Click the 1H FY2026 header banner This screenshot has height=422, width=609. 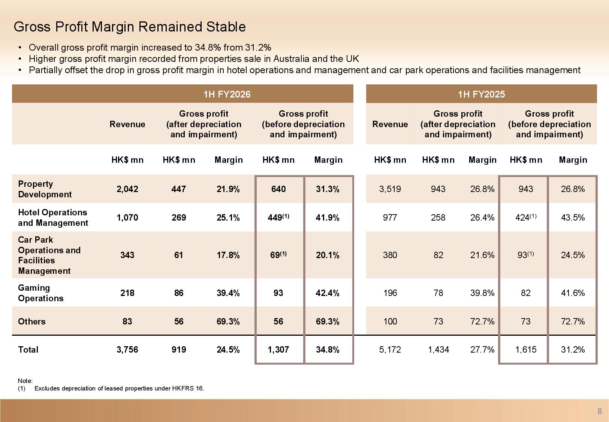pyautogui.click(x=227, y=94)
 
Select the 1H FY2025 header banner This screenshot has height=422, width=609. pyautogui.click(x=481, y=94)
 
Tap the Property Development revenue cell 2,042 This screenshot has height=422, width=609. pyautogui.click(x=127, y=189)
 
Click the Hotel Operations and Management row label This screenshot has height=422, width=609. pyautogui.click(x=53, y=218)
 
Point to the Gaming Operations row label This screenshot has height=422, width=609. pyautogui.click(x=40, y=293)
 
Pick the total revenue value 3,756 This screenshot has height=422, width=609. pyautogui.click(x=127, y=350)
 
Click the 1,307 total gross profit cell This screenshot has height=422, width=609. pyautogui.click(x=278, y=350)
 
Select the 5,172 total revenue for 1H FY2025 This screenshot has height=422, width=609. pyautogui.click(x=390, y=350)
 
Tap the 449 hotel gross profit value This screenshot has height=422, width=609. pyautogui.click(x=275, y=218)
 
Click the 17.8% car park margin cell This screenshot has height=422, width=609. pyautogui.click(x=228, y=255)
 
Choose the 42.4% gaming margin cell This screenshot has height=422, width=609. pyautogui.click(x=328, y=293)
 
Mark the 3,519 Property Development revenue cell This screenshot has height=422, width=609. pyautogui.click(x=390, y=189)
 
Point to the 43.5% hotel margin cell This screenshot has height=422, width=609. pyautogui.click(x=573, y=218)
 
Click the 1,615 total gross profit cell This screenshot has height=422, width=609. pyautogui.click(x=525, y=350)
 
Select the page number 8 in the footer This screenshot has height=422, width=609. pyautogui.click(x=599, y=411)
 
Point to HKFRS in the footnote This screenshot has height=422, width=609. pyautogui.click(x=183, y=388)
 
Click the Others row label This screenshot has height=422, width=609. pyautogui.click(x=32, y=321)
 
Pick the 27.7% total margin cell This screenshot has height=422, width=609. pyautogui.click(x=482, y=350)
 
